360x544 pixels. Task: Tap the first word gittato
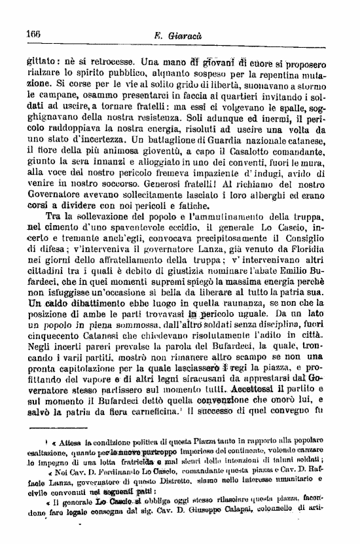pos(43,63)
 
